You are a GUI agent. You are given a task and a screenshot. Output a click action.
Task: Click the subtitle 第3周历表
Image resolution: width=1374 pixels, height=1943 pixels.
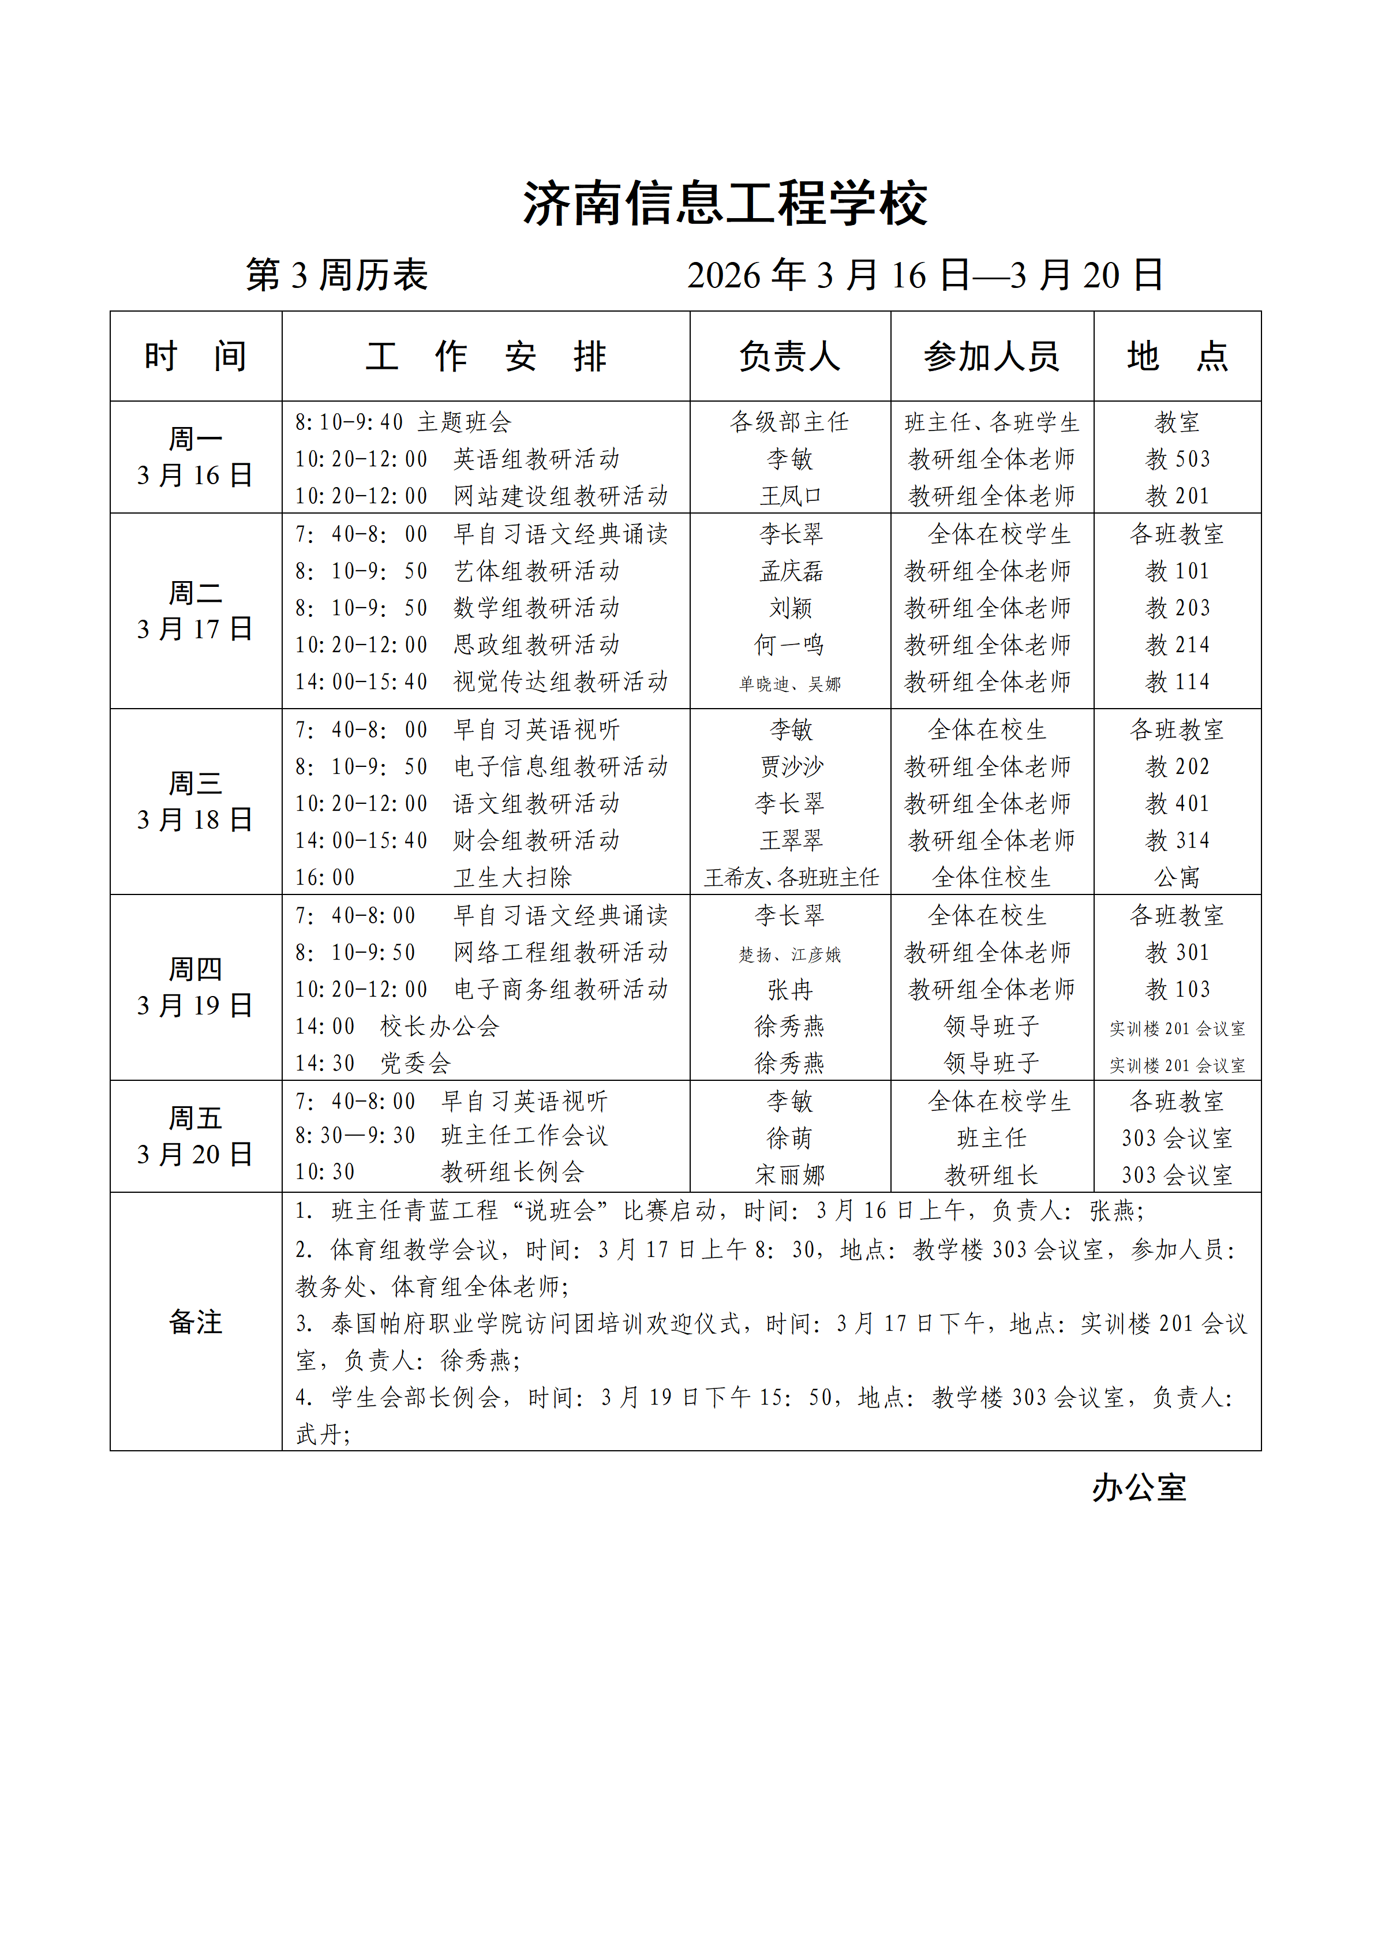pos(337,275)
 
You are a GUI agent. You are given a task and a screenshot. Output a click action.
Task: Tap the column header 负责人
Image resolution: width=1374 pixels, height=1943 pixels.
pos(789,356)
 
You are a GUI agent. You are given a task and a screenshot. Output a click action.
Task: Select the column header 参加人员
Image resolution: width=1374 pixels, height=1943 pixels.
pos(991,356)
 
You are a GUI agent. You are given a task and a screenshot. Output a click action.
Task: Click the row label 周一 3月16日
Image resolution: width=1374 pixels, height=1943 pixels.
pos(196,457)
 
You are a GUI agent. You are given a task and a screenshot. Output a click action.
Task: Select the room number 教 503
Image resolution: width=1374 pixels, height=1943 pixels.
pos(1177,459)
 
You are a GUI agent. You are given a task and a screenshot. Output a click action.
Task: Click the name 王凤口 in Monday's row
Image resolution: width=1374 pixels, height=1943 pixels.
pos(790,496)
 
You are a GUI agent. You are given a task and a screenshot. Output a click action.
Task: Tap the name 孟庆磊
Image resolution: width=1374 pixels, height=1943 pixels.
pos(790,571)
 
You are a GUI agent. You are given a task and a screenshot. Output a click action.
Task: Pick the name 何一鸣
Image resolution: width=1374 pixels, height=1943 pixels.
pos(789,645)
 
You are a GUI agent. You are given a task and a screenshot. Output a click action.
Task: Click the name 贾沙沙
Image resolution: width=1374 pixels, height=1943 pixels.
pos(790,767)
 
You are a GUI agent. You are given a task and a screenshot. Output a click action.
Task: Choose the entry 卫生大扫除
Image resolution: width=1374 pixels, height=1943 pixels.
pos(512,878)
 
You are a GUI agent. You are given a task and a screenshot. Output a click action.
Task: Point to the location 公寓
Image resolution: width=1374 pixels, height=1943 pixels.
pos(1177,878)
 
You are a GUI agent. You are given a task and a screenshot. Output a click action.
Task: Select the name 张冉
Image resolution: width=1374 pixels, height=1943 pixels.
pos(789,989)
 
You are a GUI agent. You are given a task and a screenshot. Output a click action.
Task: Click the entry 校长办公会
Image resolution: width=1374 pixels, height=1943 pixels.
pos(440,1027)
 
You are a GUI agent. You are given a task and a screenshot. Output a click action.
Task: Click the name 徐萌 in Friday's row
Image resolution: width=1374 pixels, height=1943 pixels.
pos(789,1138)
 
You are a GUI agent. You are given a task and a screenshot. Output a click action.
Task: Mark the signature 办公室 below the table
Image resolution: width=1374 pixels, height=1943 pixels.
pos(1139,1487)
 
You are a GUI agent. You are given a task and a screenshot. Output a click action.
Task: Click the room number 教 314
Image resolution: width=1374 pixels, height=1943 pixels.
pos(1177,840)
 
